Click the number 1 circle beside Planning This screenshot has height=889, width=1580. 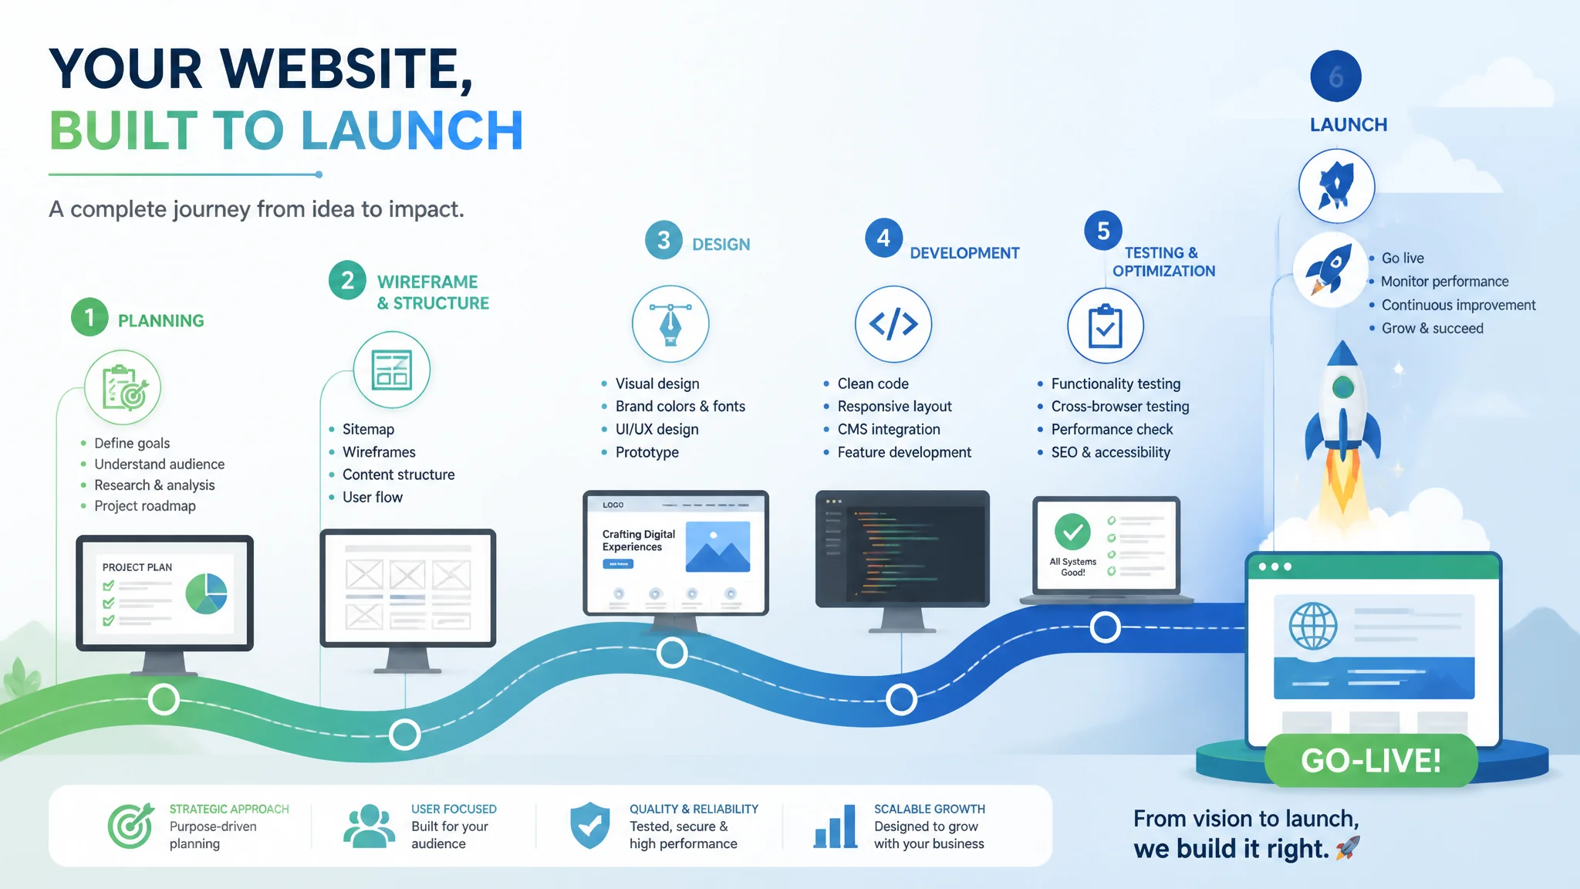tap(89, 317)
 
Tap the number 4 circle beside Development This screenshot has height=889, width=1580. tap(883, 238)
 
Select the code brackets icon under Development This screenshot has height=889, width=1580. tap(893, 324)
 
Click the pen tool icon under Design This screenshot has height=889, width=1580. tap(670, 323)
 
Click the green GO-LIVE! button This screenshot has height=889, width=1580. tap(1371, 760)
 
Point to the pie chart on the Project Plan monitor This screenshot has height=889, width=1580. tap(206, 593)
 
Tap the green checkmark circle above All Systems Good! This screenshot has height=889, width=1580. tap(1072, 532)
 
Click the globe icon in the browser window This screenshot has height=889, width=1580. tap(1313, 626)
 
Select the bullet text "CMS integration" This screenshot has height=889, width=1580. tap(889, 429)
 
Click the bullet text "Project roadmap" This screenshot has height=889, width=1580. tap(145, 506)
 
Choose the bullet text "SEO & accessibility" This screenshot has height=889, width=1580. tap(1110, 452)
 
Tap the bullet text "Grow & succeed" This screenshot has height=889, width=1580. tap(1433, 328)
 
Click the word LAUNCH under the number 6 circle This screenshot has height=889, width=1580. tap(1349, 125)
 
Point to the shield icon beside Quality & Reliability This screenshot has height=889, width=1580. tap(590, 825)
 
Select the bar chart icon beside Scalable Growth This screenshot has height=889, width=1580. tap(836, 826)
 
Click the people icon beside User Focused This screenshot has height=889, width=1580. tap(369, 826)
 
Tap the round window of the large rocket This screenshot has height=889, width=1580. tap(1343, 387)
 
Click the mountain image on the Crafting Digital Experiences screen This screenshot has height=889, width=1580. tap(717, 547)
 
